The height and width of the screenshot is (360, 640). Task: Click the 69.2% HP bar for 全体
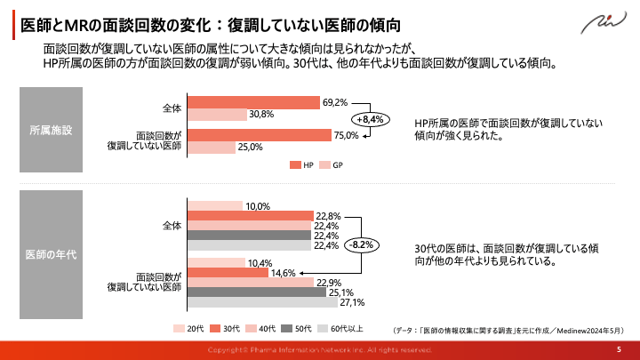click(252, 102)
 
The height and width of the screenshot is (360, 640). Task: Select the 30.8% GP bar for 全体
click(217, 115)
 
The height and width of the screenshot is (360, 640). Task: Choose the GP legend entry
click(332, 165)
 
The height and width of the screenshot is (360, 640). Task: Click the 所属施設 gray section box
click(51, 130)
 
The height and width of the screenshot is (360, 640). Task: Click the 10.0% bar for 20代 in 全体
click(214, 206)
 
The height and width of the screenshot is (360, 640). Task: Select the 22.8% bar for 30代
click(250, 216)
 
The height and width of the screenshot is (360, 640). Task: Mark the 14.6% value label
click(283, 273)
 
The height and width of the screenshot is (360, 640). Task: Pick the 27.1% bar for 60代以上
click(250, 302)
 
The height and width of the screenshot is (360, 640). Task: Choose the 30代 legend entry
click(229, 328)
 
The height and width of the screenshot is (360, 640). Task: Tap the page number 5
click(619, 350)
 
